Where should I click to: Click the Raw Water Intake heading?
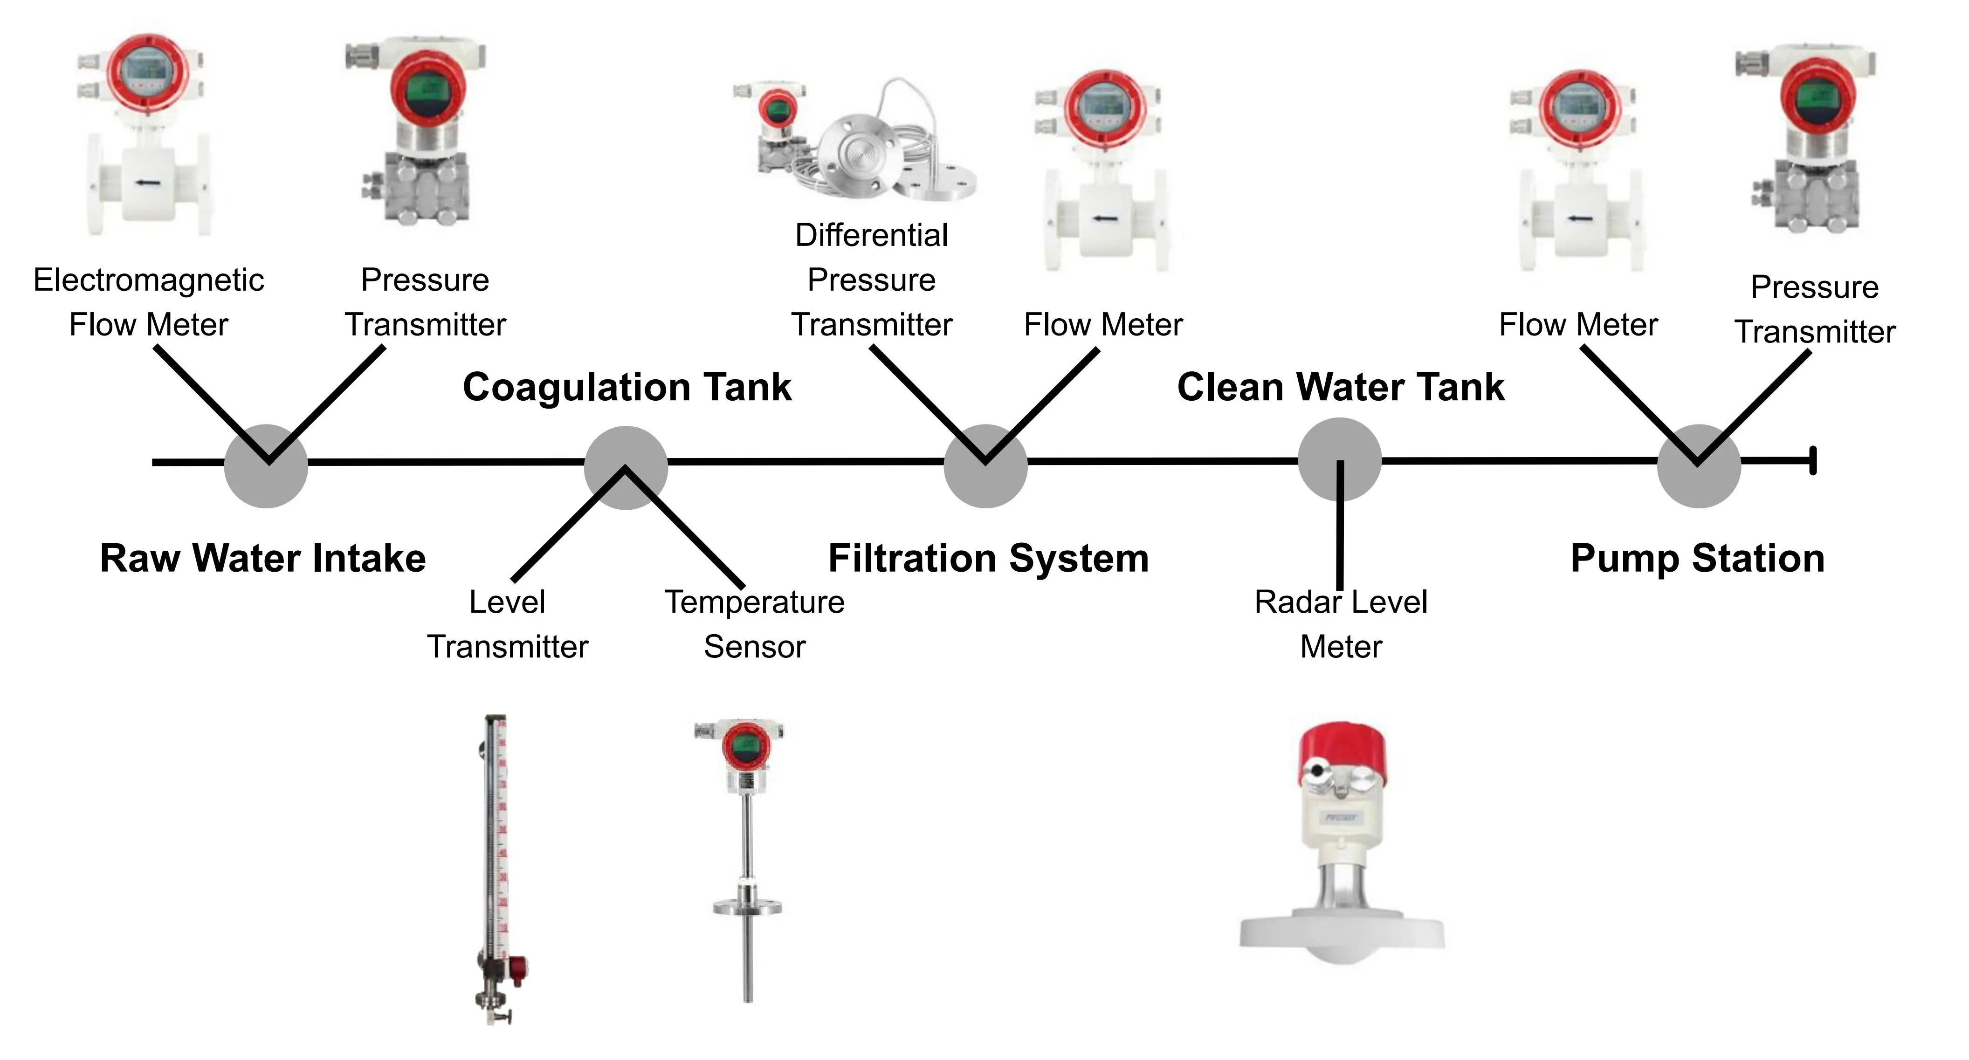click(x=263, y=559)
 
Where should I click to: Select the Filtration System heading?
click(x=988, y=559)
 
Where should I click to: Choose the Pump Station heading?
click(x=1698, y=559)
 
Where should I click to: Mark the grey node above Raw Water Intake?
click(x=266, y=466)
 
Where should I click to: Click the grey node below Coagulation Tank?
click(x=626, y=468)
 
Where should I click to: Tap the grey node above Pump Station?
click(x=1699, y=466)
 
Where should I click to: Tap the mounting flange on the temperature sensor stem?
click(x=748, y=907)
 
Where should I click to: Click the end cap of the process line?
click(x=1813, y=462)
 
